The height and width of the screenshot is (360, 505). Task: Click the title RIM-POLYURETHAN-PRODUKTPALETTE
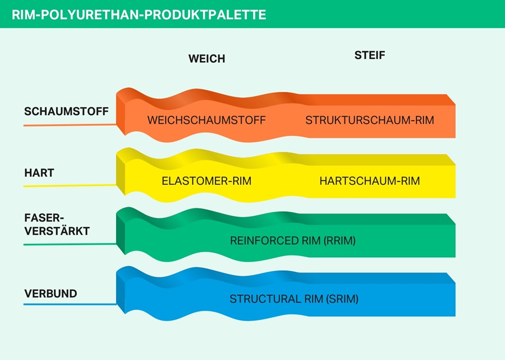[x=139, y=15]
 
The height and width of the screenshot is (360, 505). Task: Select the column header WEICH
[x=206, y=58]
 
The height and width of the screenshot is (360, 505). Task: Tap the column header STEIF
[x=370, y=55]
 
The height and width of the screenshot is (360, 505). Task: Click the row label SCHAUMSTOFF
[x=66, y=111]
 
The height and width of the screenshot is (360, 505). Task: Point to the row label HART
[x=39, y=173]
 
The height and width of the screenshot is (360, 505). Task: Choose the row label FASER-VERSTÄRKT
[x=57, y=224]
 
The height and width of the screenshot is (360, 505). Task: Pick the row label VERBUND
[x=50, y=294]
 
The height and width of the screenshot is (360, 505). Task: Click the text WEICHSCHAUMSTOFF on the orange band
[x=206, y=120]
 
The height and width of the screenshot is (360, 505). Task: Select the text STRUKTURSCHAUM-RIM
[x=370, y=120]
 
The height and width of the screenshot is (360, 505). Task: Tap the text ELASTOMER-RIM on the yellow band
[x=206, y=181]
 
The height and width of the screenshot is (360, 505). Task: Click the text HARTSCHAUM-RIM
[x=370, y=181]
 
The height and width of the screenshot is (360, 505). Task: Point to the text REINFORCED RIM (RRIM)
[x=293, y=240]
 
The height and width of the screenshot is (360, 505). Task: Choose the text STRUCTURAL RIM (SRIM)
[x=293, y=299]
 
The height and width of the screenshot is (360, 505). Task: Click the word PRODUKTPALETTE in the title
[x=205, y=15]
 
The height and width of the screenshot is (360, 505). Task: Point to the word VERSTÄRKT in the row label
[x=57, y=230]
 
